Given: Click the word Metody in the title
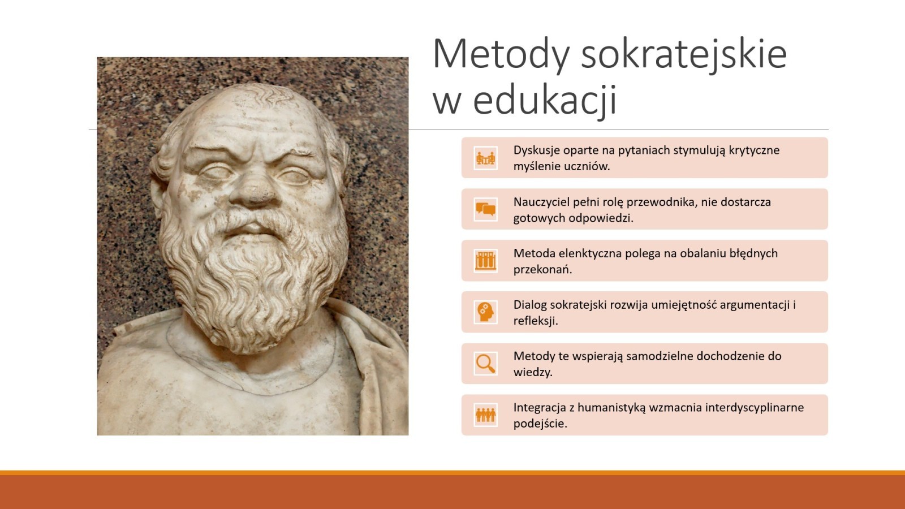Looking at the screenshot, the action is tap(501, 55).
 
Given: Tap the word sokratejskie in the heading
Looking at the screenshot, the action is tap(684, 55).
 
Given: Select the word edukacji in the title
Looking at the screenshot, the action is tap(545, 100).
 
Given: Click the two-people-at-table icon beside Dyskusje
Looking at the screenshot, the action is tap(486, 158).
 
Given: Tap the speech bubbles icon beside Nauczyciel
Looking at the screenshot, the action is tap(486, 209).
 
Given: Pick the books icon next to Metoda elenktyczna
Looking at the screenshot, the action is tap(486, 261).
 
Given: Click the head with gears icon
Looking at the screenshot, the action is tap(486, 312).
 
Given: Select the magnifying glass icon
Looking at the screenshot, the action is tap(486, 364).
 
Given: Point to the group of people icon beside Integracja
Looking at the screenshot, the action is tap(486, 415).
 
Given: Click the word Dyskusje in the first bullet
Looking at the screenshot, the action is tap(537, 150).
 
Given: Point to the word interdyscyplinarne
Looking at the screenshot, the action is tap(755, 408).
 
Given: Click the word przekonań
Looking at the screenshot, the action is tap(542, 269).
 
